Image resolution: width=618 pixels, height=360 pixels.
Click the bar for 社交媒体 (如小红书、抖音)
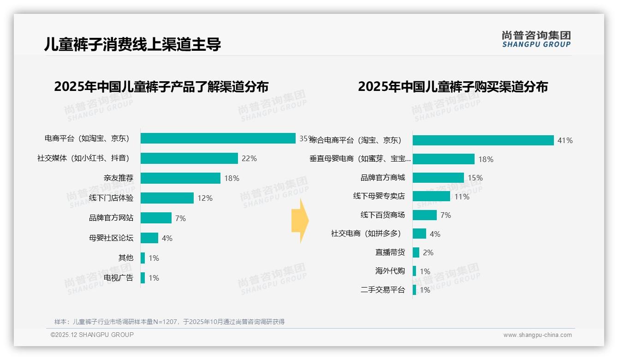[189, 158]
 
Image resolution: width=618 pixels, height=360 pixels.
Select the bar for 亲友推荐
[180, 178]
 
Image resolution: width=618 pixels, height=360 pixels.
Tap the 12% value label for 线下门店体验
[205, 198]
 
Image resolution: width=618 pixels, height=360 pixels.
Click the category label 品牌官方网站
[111, 218]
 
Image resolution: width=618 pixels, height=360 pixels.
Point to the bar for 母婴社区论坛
[149, 238]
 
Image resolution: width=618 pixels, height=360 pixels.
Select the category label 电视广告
[119, 277]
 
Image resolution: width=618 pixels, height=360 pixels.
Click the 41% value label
[565, 140]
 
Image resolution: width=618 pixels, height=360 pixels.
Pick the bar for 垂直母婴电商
[443, 159]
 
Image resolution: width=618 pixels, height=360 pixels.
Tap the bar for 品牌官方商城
[438, 178]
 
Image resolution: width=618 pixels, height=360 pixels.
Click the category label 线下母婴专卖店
[379, 196]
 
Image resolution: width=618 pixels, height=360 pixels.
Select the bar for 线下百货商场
[424, 215]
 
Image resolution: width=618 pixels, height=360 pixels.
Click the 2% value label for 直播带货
[428, 252]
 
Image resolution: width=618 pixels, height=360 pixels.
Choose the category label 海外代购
[390, 271]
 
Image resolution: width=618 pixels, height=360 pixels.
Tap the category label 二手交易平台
[383, 290]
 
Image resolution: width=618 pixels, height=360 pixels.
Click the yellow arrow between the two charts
[300, 221]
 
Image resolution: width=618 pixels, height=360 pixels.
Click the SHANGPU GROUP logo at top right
[536, 39]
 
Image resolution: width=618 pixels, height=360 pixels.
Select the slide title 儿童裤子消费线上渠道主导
[133, 44]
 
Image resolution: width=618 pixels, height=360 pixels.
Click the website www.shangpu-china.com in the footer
[537, 335]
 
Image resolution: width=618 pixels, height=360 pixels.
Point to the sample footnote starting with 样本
[169, 322]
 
